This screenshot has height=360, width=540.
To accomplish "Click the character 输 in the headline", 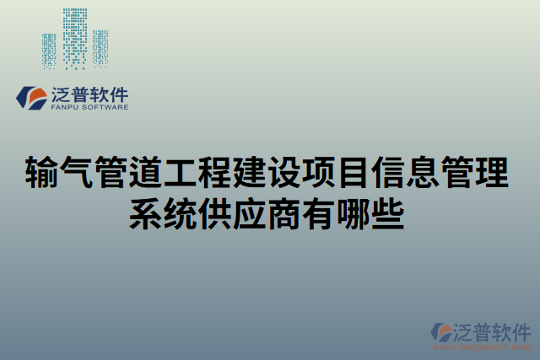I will [44, 174].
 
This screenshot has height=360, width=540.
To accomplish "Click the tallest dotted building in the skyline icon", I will [76, 38].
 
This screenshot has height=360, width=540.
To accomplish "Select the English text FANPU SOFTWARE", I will [89, 108].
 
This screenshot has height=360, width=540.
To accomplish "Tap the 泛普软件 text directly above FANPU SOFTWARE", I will [89, 94].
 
